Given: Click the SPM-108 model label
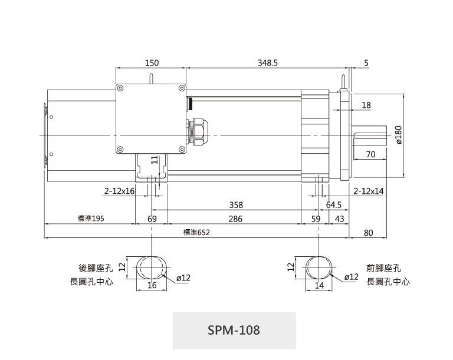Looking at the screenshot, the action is point(234,330).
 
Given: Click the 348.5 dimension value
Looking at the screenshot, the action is point(268,63).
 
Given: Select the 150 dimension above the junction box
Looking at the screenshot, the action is point(152,63).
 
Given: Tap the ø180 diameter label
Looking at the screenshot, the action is point(398,135).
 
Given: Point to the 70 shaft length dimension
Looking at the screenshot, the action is point(370,154).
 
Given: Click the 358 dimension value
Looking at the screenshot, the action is point(236,205).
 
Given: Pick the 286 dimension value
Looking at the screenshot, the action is point(235,219).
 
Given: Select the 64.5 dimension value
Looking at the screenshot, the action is point(334,205).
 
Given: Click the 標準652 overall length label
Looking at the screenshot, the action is point(196,232).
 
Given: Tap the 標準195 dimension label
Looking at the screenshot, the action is point(91,218).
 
